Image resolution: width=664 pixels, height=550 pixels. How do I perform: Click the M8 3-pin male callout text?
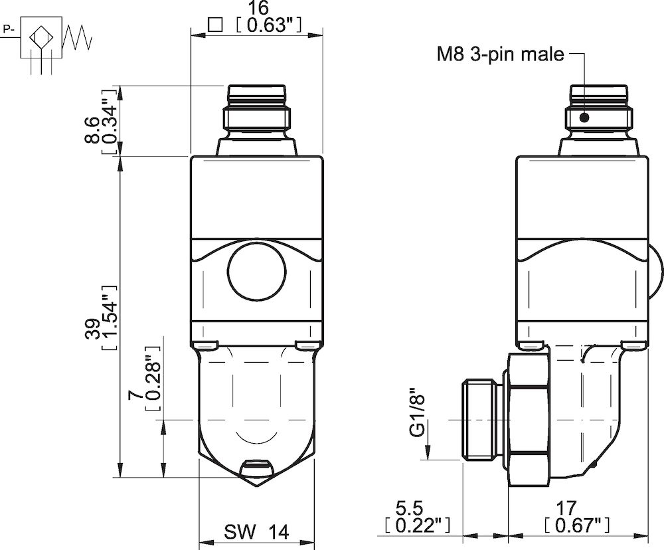(500, 54)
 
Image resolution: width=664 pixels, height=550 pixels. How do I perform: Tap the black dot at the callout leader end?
(585, 118)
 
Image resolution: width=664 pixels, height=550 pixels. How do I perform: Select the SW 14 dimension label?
(256, 532)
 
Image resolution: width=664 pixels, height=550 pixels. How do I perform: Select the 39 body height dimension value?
(92, 330)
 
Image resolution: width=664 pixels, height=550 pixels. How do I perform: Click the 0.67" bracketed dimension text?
(575, 526)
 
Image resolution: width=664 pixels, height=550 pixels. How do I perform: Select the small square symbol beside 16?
(214, 25)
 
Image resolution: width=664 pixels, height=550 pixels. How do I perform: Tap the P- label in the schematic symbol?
(9, 29)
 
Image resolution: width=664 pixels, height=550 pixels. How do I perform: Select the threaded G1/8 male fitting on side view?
(483, 420)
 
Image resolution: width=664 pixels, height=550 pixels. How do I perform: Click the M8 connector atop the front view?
(256, 110)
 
